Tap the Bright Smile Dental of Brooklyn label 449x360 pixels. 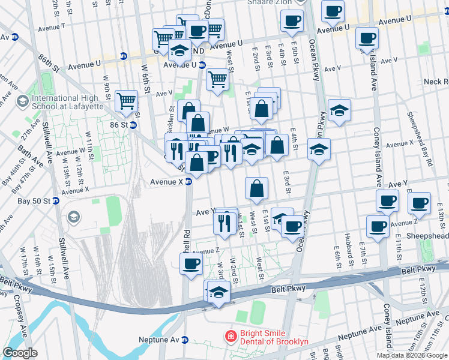pyautogui.click(x=274, y=337)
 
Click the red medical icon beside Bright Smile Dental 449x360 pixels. pyautogui.click(x=229, y=337)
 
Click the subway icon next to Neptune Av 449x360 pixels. pyautogui.click(x=186, y=340)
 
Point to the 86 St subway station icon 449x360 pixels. pyautogui.click(x=133, y=125)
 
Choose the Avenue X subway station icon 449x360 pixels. pyautogui.click(x=188, y=181)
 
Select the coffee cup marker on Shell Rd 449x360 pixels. pyautogui.click(x=191, y=263)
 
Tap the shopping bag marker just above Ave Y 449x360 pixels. pyautogui.click(x=256, y=188)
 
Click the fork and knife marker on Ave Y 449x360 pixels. pyautogui.click(x=223, y=223)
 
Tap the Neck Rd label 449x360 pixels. pyautogui.click(x=436, y=82)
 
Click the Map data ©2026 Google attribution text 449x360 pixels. pyautogui.click(x=412, y=355)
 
